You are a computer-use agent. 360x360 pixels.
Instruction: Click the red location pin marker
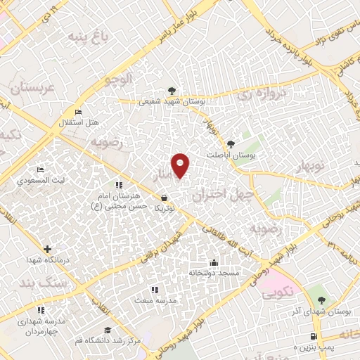tap(181, 165)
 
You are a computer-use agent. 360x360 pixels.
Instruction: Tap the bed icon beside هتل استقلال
tap(77, 112)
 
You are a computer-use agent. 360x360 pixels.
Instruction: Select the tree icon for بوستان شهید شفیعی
tap(172, 90)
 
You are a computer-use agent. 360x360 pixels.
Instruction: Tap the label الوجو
tap(118, 80)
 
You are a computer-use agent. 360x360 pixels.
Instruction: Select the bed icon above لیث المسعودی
tap(40, 169)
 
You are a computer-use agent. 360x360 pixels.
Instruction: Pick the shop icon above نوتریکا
tap(163, 198)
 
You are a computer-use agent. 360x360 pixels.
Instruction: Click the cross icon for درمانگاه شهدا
tap(47, 249)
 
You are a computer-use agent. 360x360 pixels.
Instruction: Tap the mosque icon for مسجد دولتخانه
tap(214, 263)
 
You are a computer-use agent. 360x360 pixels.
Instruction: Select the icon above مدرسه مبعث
tap(154, 289)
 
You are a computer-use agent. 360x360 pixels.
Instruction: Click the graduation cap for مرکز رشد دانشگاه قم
tap(108, 330)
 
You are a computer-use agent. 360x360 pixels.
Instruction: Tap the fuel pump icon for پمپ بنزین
tap(314, 336)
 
